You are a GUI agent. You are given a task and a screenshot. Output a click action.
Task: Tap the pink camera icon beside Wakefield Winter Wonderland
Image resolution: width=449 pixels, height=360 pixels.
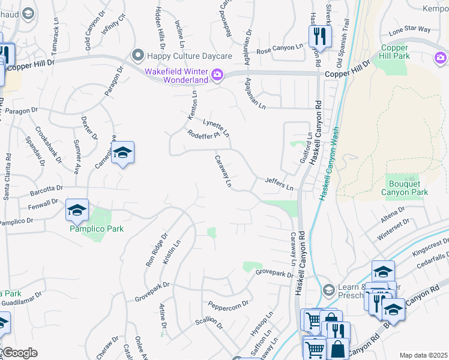click(x=217, y=74)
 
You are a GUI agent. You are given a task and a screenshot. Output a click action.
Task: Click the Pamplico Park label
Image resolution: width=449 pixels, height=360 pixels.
click(x=96, y=229)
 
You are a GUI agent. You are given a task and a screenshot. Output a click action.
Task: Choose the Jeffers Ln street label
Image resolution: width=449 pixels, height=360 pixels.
click(x=280, y=184)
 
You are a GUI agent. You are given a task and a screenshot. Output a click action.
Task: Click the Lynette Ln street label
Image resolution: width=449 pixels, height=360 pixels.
click(x=216, y=127)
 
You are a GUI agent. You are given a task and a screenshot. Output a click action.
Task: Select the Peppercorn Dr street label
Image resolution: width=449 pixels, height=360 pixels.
click(x=229, y=304)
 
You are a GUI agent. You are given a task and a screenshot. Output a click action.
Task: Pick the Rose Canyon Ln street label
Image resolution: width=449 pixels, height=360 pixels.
click(x=279, y=47)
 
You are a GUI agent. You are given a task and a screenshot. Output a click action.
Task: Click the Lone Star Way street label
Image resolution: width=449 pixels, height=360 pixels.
click(x=409, y=29)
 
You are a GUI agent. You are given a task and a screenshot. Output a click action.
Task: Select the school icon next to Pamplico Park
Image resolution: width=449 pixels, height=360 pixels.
click(x=77, y=210)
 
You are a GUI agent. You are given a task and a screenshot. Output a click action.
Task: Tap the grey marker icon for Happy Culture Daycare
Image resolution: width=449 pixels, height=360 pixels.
click(x=139, y=55)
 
